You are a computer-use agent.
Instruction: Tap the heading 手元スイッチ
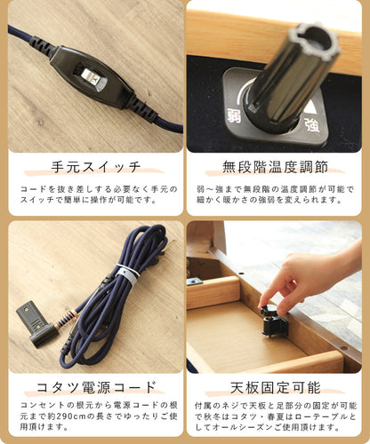[x=96, y=167]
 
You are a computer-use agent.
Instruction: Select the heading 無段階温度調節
[x=276, y=167]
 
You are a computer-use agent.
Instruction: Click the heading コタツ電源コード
[x=96, y=387]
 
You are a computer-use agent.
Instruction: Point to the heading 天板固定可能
[x=276, y=387]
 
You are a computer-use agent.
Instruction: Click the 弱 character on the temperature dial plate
[x=234, y=115]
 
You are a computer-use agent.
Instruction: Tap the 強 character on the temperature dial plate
[x=312, y=124]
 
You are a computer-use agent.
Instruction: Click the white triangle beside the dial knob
[x=311, y=107]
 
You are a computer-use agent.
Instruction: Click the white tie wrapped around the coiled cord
[x=127, y=274]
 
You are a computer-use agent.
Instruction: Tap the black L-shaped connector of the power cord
[x=36, y=323]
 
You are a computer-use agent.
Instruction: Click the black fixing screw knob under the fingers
[x=273, y=322]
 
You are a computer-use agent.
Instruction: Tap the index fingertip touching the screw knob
[x=263, y=303]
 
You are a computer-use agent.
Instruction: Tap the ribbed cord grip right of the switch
[x=143, y=109]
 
